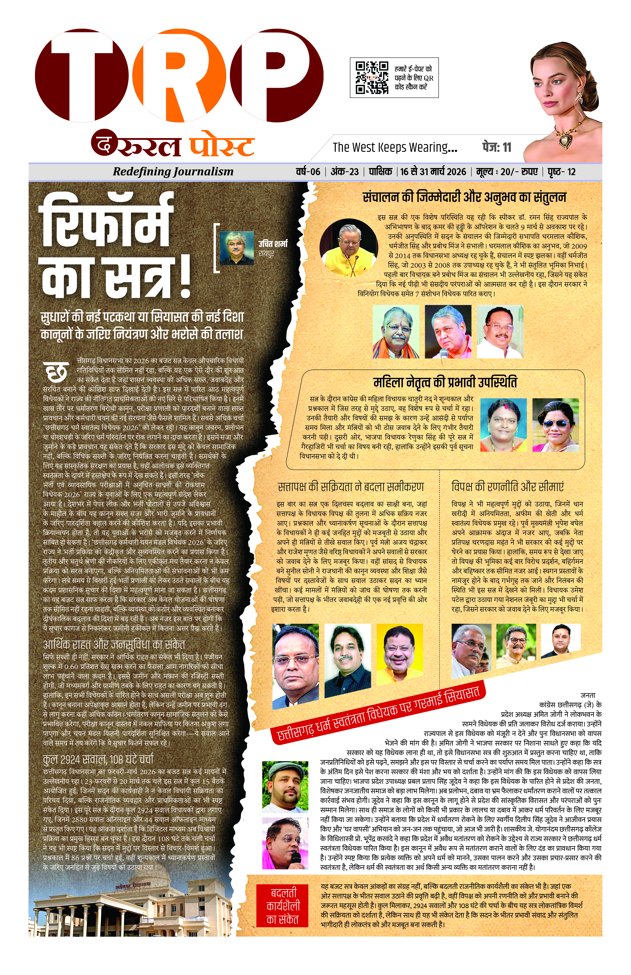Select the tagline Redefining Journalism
(x=173, y=172)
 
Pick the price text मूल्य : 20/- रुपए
(x=507, y=172)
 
